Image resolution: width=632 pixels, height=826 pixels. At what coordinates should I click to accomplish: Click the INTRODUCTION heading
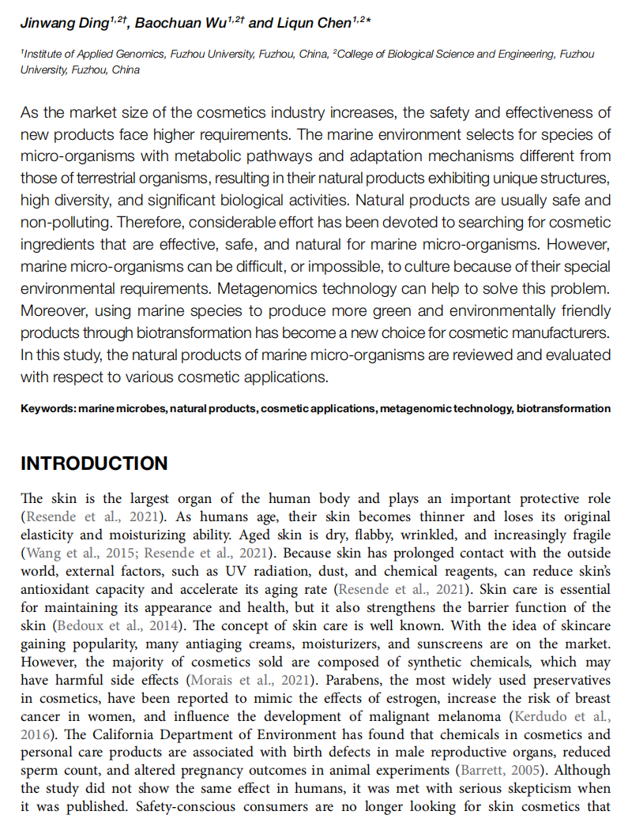point(94,464)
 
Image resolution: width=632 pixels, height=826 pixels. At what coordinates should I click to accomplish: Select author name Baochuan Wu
point(180,23)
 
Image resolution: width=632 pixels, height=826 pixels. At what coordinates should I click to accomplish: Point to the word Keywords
point(47,408)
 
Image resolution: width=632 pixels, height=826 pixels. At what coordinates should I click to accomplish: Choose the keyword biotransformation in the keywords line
point(563,408)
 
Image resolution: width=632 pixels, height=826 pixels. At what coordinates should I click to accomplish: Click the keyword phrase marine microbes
point(122,408)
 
